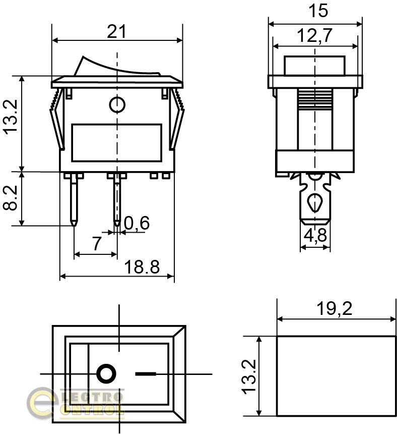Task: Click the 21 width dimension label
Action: click(x=116, y=32)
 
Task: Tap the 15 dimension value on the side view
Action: click(x=318, y=11)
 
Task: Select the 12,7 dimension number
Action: click(x=314, y=36)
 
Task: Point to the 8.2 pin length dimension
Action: click(x=11, y=198)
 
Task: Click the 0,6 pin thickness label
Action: click(x=137, y=223)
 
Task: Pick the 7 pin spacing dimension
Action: click(x=96, y=244)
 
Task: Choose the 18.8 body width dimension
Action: click(x=142, y=267)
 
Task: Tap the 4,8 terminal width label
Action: click(x=315, y=236)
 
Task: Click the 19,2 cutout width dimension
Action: click(x=335, y=309)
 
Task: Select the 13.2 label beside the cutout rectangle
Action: click(x=249, y=376)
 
